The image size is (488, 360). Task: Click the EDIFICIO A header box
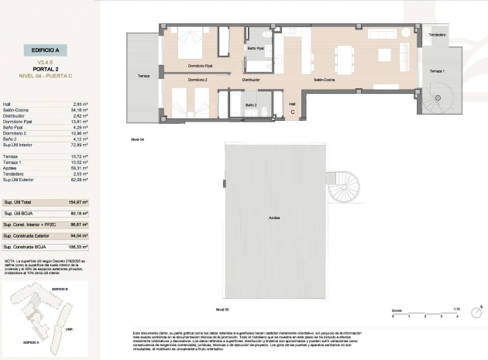(46, 48)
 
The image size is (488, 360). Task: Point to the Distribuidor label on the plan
(250, 80)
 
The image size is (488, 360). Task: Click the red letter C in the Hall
(292, 112)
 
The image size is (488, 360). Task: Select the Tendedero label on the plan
(438, 36)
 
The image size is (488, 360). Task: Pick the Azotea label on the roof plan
(274, 218)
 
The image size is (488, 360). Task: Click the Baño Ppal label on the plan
(256, 49)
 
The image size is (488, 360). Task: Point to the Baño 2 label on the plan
(250, 105)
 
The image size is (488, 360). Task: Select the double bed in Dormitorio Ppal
(187, 44)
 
